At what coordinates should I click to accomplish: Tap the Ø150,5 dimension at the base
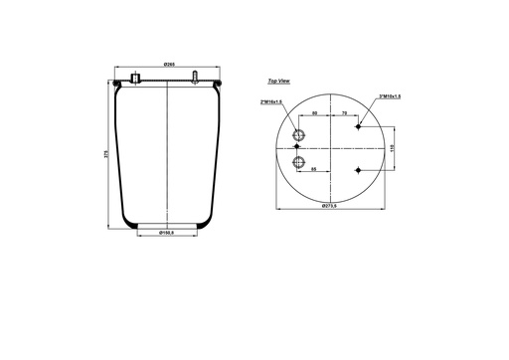(167, 233)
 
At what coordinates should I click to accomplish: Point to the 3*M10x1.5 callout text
(392, 96)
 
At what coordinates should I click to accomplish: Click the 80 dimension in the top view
(314, 114)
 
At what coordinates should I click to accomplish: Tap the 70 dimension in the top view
(344, 114)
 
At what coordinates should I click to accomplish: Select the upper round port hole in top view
(299, 136)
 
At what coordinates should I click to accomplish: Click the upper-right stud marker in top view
(359, 127)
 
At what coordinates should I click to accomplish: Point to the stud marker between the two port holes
(296, 148)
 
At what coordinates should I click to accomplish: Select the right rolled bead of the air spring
(217, 87)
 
